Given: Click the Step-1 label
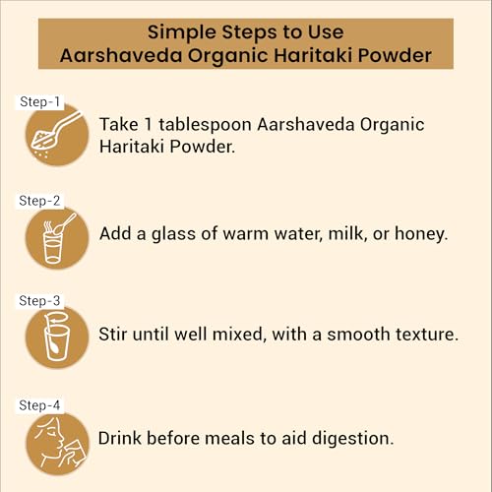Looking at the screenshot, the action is tap(39, 101).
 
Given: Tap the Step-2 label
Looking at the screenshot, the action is tap(39, 201).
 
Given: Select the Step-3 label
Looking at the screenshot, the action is tap(39, 301).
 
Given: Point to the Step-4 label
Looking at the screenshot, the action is tap(39, 405).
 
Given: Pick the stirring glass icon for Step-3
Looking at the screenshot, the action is tap(57, 338).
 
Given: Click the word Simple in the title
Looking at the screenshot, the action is tap(181, 32).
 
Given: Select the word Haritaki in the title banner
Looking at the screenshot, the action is tap(313, 55).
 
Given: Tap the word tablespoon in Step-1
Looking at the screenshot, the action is tap(205, 125).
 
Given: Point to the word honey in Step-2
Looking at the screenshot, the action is tap(420, 234).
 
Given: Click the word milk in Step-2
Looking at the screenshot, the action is tap(347, 233).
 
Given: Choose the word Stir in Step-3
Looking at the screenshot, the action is tap(113, 335).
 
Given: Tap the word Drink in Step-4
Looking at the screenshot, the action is tap(120, 438).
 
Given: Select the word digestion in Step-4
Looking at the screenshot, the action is tap(352, 439).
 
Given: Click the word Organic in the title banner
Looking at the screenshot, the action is tap(228, 56).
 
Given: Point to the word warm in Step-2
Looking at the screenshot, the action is tap(246, 234).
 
